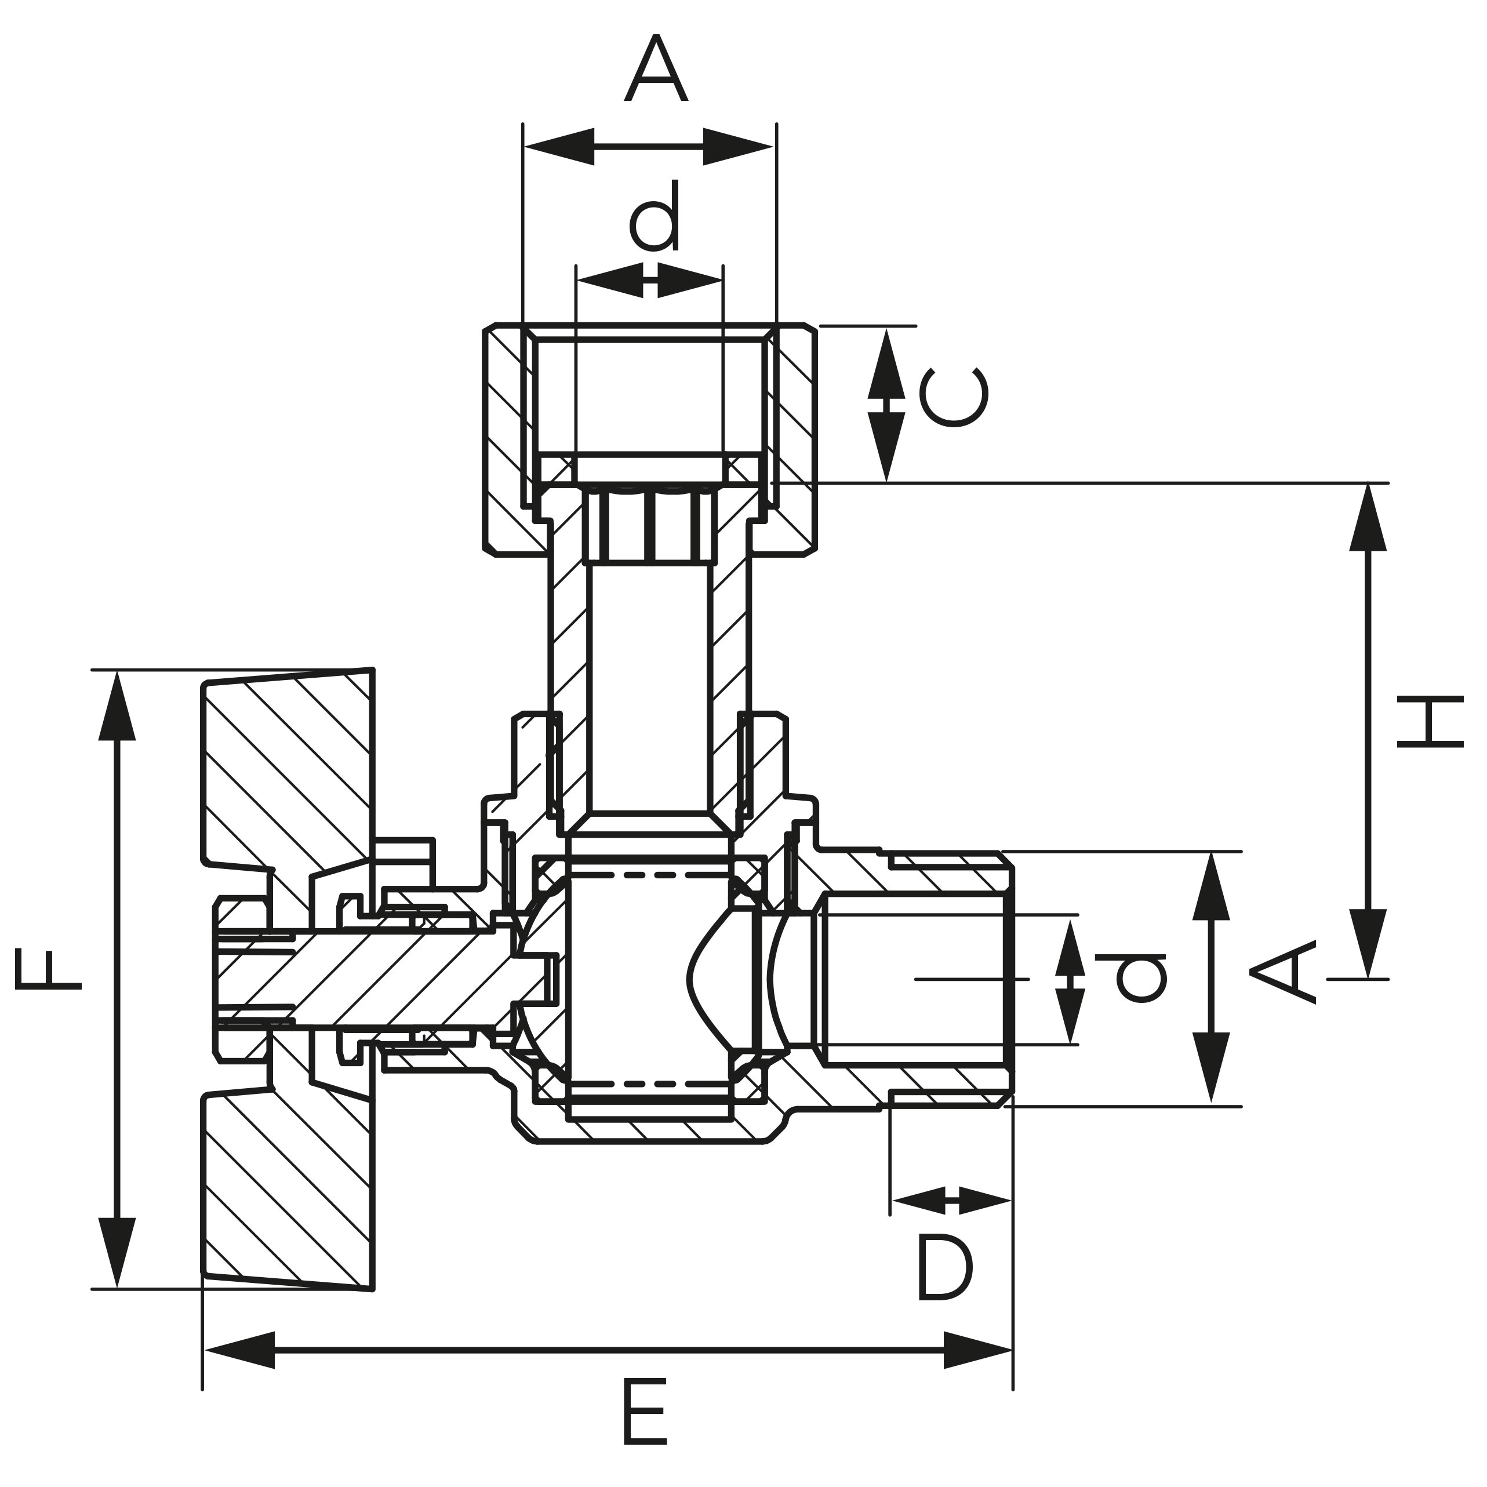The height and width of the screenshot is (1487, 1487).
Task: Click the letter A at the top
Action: click(655, 69)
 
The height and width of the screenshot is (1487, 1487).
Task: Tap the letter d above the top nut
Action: click(655, 216)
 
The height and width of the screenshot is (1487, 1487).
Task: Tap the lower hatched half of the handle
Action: click(293, 1186)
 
